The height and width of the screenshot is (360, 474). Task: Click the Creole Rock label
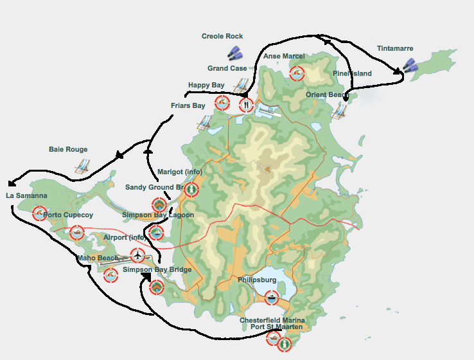coord(222,37)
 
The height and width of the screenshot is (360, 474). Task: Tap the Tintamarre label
coord(395,49)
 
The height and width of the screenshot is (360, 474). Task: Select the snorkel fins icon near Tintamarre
coord(410,65)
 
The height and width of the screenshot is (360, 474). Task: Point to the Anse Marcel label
coord(284,57)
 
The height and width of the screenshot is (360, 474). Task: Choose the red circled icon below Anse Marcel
coord(296,73)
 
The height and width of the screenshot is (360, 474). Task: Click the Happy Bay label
coord(206,85)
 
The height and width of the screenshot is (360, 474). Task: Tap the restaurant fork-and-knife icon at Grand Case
coord(245,104)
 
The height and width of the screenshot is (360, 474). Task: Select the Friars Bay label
coord(188,105)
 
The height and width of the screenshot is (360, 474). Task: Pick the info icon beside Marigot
coord(191,190)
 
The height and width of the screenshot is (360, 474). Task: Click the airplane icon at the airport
coord(137,255)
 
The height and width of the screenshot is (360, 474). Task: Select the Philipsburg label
coord(257,280)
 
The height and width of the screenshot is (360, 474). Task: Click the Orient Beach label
coord(327,95)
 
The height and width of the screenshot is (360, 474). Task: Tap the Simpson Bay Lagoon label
coord(158,215)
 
